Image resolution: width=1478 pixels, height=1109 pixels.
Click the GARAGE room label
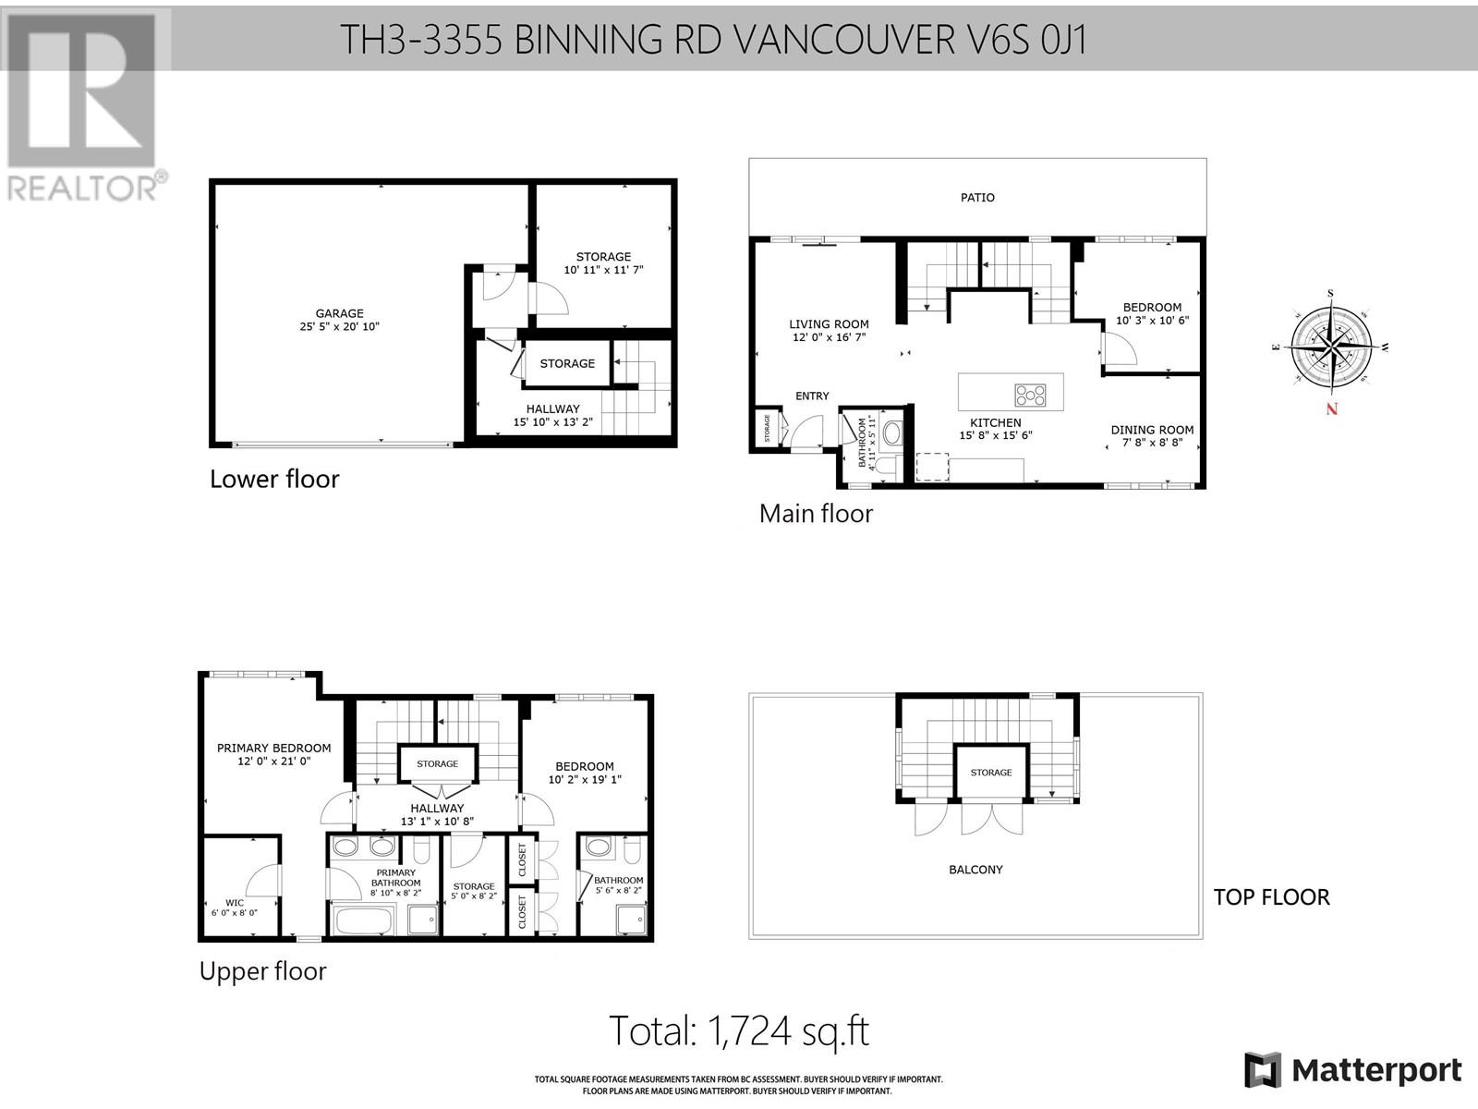[339, 313]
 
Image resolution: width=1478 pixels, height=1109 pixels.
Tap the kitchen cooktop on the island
[1030, 395]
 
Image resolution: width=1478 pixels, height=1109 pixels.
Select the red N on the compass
[1331, 408]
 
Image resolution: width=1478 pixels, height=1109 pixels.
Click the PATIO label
[977, 197]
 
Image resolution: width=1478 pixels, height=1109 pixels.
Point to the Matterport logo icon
[1262, 1069]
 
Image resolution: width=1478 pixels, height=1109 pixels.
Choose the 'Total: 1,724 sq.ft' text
[739, 1030]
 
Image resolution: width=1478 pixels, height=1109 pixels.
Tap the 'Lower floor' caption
[274, 479]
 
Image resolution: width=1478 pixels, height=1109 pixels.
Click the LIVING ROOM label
[829, 323]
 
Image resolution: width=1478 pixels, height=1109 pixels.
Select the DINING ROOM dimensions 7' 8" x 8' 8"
[1152, 443]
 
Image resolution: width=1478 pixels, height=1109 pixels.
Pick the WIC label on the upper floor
[235, 902]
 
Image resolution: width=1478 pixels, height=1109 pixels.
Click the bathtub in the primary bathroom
[364, 920]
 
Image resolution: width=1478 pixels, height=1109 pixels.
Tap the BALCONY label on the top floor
[975, 870]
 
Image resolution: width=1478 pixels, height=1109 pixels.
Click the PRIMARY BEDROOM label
[273, 748]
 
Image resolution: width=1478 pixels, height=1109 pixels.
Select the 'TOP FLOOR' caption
[1271, 896]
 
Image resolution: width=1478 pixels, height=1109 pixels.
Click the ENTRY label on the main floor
[812, 396]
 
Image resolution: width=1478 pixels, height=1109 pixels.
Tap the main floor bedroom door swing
[1119, 348]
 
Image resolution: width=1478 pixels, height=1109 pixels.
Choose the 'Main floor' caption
[816, 514]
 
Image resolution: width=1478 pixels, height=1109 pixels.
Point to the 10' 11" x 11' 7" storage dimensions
[603, 270]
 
